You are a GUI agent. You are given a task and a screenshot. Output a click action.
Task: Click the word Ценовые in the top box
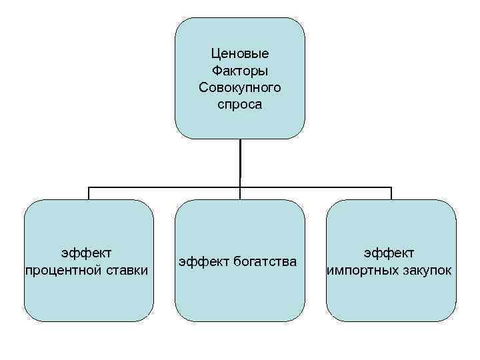point(240,53)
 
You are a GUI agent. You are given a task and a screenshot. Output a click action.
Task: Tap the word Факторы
point(240,71)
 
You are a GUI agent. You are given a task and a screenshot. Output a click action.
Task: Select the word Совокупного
point(240,87)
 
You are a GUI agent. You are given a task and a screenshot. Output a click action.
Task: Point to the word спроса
point(240,105)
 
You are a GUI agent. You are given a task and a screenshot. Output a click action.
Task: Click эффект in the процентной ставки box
point(86,253)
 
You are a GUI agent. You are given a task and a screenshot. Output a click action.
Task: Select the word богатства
point(265,261)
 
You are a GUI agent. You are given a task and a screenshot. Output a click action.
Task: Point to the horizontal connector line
point(167,187)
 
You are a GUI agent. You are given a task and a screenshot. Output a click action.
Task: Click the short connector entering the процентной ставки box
point(89,193)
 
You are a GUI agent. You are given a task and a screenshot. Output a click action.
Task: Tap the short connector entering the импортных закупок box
point(391,193)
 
